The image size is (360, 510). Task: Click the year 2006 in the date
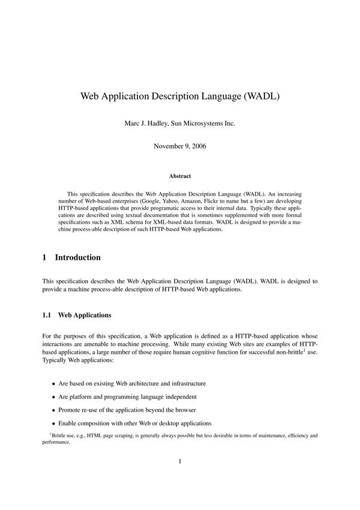tap(197, 146)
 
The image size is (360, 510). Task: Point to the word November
tap(167, 146)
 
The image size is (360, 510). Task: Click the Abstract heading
tap(180, 176)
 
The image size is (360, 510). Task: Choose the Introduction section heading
tap(77, 257)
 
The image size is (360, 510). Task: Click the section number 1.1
tap(47, 314)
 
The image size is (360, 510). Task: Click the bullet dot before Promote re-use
tap(53, 409)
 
